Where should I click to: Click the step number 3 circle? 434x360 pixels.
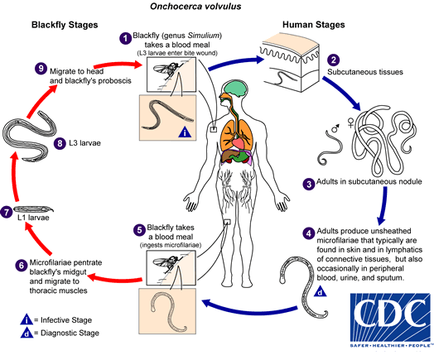[x=309, y=183]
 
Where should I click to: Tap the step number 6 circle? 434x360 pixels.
[x=22, y=265]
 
